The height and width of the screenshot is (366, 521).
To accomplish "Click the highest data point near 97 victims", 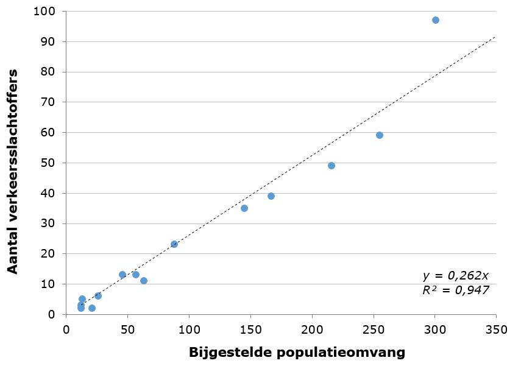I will pyautogui.click(x=436, y=20).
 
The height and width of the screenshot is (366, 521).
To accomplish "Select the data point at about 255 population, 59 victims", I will pyautogui.click(x=380, y=135).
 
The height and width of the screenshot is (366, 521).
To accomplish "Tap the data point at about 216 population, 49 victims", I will pyautogui.click(x=331, y=166).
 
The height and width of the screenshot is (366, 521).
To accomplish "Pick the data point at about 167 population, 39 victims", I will pyautogui.click(x=271, y=196).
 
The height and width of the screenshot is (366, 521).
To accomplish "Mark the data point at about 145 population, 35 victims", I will pyautogui.click(x=244, y=208).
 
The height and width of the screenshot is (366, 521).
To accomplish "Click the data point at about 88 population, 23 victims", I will pyautogui.click(x=174, y=244).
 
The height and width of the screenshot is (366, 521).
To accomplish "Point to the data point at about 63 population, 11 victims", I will pyautogui.click(x=144, y=281).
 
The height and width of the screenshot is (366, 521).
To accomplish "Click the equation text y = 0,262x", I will pyautogui.click(x=455, y=276).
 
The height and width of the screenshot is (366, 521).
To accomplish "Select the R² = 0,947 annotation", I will pyautogui.click(x=455, y=290).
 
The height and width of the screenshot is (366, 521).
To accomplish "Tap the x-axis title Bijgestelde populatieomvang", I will pyautogui.click(x=297, y=352).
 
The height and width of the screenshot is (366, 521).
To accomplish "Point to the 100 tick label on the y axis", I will pyautogui.click(x=46, y=12).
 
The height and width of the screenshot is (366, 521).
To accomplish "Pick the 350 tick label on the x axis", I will pyautogui.click(x=496, y=329).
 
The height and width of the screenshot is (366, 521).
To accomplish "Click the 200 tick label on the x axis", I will pyautogui.click(x=312, y=329).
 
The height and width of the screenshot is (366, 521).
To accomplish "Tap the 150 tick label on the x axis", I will pyautogui.click(x=250, y=329).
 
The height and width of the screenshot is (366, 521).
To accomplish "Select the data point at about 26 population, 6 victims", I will pyautogui.click(x=98, y=296).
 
